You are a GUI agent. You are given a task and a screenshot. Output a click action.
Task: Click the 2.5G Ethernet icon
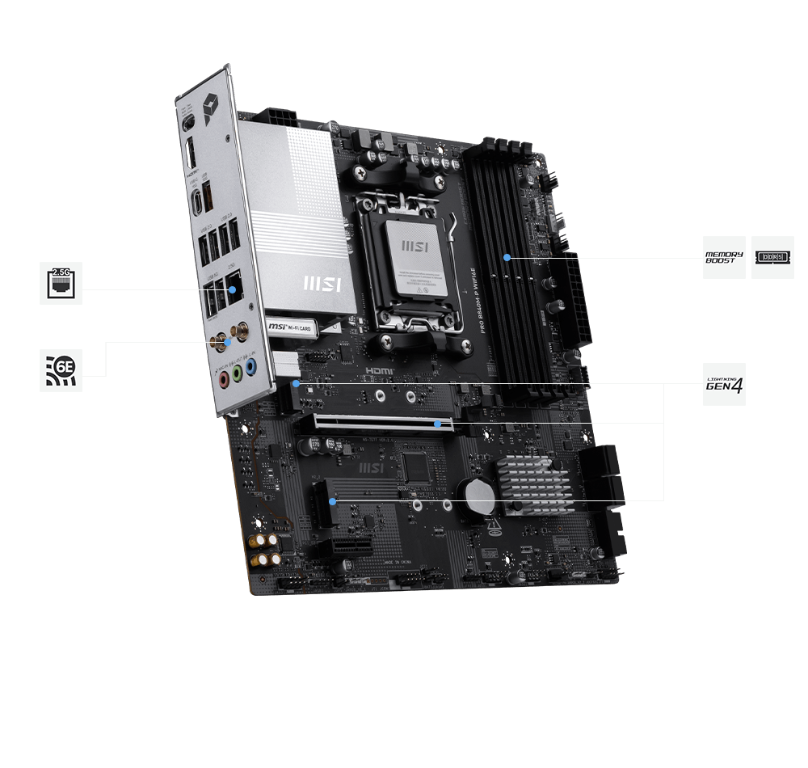61,283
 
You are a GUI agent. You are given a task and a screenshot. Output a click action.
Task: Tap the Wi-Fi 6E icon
61,370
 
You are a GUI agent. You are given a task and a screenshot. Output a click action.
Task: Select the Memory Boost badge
724,258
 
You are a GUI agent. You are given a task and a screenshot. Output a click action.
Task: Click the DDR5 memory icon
772,258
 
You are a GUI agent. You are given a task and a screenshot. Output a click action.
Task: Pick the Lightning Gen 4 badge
724,384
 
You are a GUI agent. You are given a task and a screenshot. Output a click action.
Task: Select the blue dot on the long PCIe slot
437,422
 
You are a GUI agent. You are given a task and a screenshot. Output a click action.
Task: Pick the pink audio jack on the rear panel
221,378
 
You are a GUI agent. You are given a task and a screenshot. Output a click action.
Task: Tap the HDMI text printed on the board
381,369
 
